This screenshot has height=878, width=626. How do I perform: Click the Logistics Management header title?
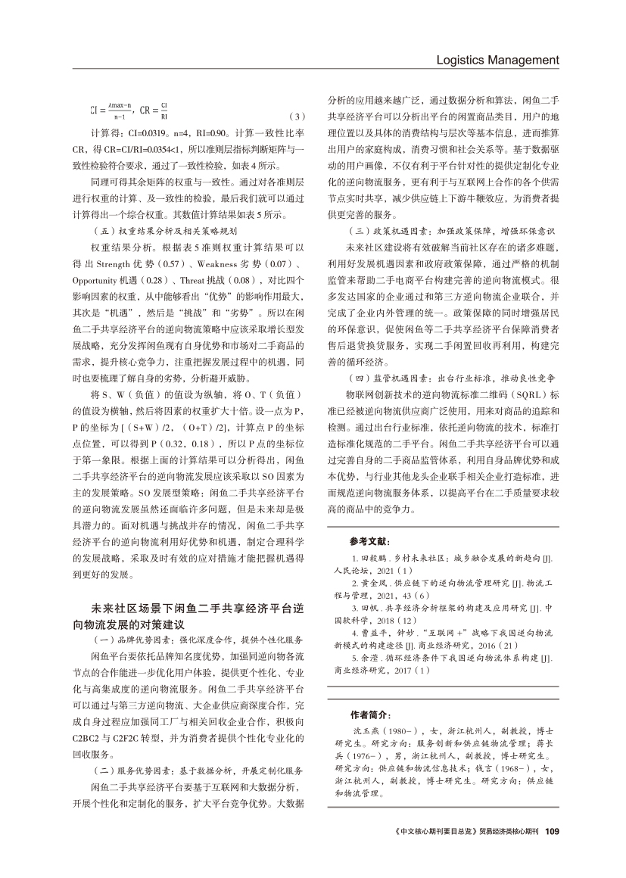click(498, 60)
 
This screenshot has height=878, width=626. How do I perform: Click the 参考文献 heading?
click(370, 543)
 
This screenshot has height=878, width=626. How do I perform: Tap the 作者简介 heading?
click(370, 715)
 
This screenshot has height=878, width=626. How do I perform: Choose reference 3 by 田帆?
click(443, 608)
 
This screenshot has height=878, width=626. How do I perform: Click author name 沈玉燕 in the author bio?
click(369, 732)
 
